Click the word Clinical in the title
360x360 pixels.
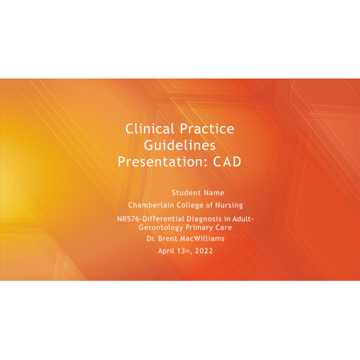click(x=150, y=129)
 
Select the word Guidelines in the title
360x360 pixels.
click(x=179, y=145)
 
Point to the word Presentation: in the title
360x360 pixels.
click(x=163, y=161)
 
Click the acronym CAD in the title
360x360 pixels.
click(x=227, y=161)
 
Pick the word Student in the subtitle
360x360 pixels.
click(x=186, y=192)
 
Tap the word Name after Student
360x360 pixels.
click(x=214, y=192)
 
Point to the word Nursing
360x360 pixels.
click(x=229, y=205)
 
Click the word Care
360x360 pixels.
click(x=224, y=228)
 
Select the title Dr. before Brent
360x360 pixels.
click(x=150, y=238)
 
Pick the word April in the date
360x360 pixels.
click(x=166, y=251)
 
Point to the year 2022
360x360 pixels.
click(x=204, y=251)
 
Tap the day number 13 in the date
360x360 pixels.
click(x=181, y=251)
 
